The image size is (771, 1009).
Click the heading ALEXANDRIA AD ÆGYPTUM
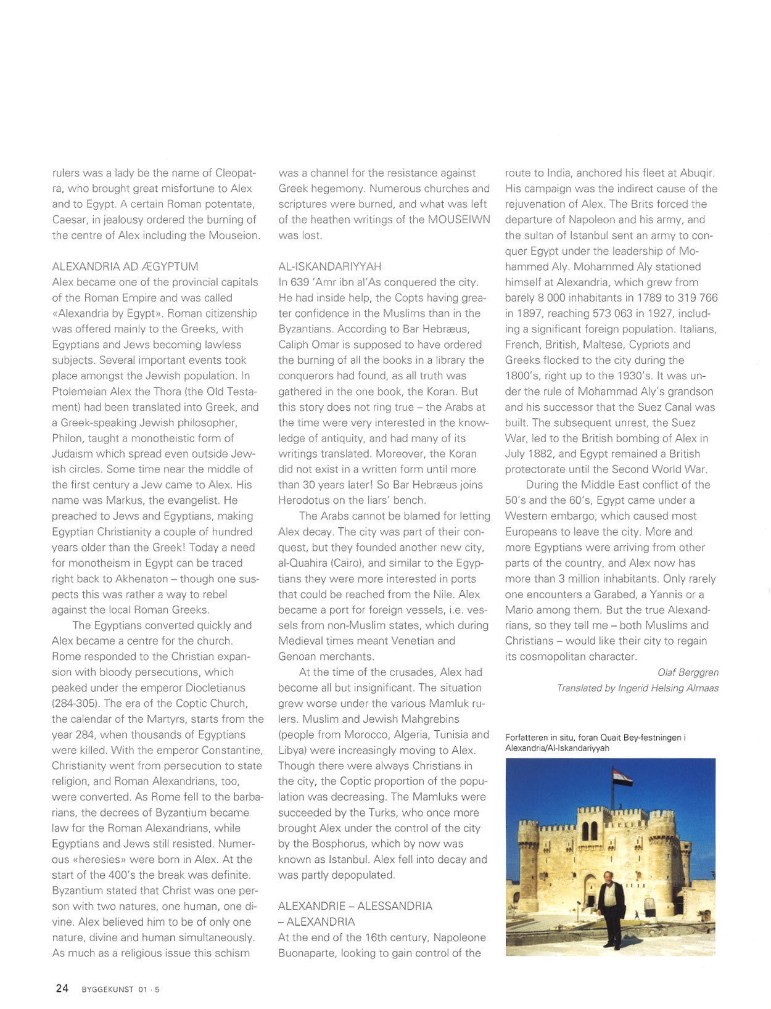pyautogui.click(x=125, y=266)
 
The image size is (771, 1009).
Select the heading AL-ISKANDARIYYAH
pyautogui.click(x=330, y=266)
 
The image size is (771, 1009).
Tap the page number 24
pyautogui.click(x=62, y=989)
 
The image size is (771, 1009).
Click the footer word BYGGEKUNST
pyautogui.click(x=107, y=990)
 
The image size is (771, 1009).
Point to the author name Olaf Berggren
pyautogui.click(x=688, y=672)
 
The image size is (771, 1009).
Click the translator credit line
pyautogui.click(x=637, y=688)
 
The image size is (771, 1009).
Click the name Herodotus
pyautogui.click(x=305, y=500)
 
